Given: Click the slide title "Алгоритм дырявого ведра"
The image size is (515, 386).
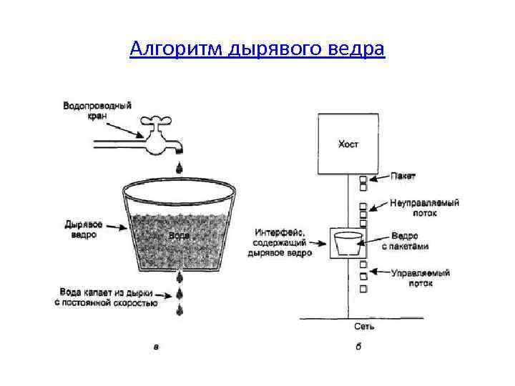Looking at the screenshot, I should coord(257,49).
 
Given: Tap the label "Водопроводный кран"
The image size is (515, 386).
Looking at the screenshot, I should coord(97,110).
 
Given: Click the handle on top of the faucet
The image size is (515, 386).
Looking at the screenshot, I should coord(158,121).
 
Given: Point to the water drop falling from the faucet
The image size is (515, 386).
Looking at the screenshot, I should coord(179,167).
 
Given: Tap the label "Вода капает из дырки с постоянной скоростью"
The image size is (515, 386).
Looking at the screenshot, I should coord(105,297).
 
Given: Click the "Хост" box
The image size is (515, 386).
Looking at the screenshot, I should coord(348,144).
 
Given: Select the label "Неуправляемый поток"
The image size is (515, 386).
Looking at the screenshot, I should coord(425,207).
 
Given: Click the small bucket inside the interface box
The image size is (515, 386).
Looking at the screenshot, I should coord(348,244).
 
